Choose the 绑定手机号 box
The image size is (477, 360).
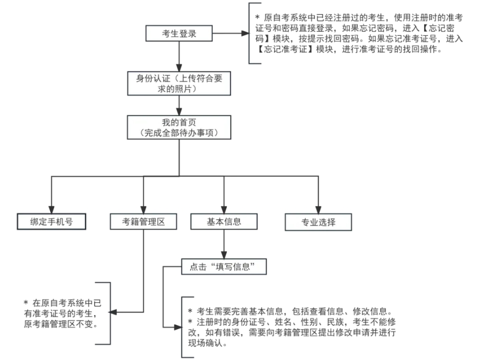tap(51, 221)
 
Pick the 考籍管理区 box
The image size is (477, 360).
tap(144, 221)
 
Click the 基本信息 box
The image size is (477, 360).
tap(224, 221)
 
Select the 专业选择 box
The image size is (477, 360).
tap(318, 222)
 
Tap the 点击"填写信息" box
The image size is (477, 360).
tap(223, 267)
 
